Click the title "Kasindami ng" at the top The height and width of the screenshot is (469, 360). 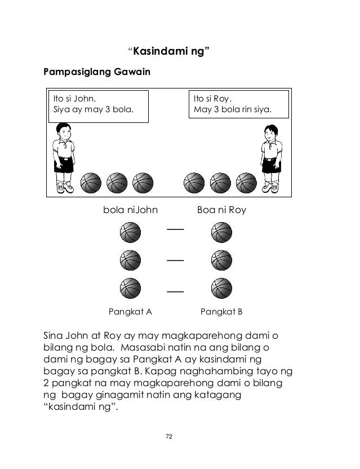pos(168,51)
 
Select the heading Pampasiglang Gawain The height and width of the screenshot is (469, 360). pos(97,72)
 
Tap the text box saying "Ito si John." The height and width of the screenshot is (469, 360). pos(99,107)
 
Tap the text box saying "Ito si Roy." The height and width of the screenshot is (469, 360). pos(239,104)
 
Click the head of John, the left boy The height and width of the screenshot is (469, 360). pos(64,131)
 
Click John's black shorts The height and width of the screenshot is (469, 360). pos(64,165)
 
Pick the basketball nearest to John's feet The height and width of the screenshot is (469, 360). pos(91,183)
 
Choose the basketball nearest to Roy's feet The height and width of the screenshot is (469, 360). pos(246,183)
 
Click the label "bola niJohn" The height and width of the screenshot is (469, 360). pos(130,210)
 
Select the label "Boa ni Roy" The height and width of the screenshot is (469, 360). pos(221,210)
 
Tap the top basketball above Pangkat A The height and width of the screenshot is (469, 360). pos(130,232)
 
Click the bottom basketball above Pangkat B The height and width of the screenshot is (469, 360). pos(221,288)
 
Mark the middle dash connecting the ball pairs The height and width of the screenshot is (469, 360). pos(175,260)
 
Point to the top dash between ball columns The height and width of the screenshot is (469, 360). pos(175,229)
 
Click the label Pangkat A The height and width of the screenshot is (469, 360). pos(130,312)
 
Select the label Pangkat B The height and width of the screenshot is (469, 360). pos(221,312)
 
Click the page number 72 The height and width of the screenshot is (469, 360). pos(169,436)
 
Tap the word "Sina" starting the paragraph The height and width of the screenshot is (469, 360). pos(53,335)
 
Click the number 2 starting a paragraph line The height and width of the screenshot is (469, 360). pos(46,383)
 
